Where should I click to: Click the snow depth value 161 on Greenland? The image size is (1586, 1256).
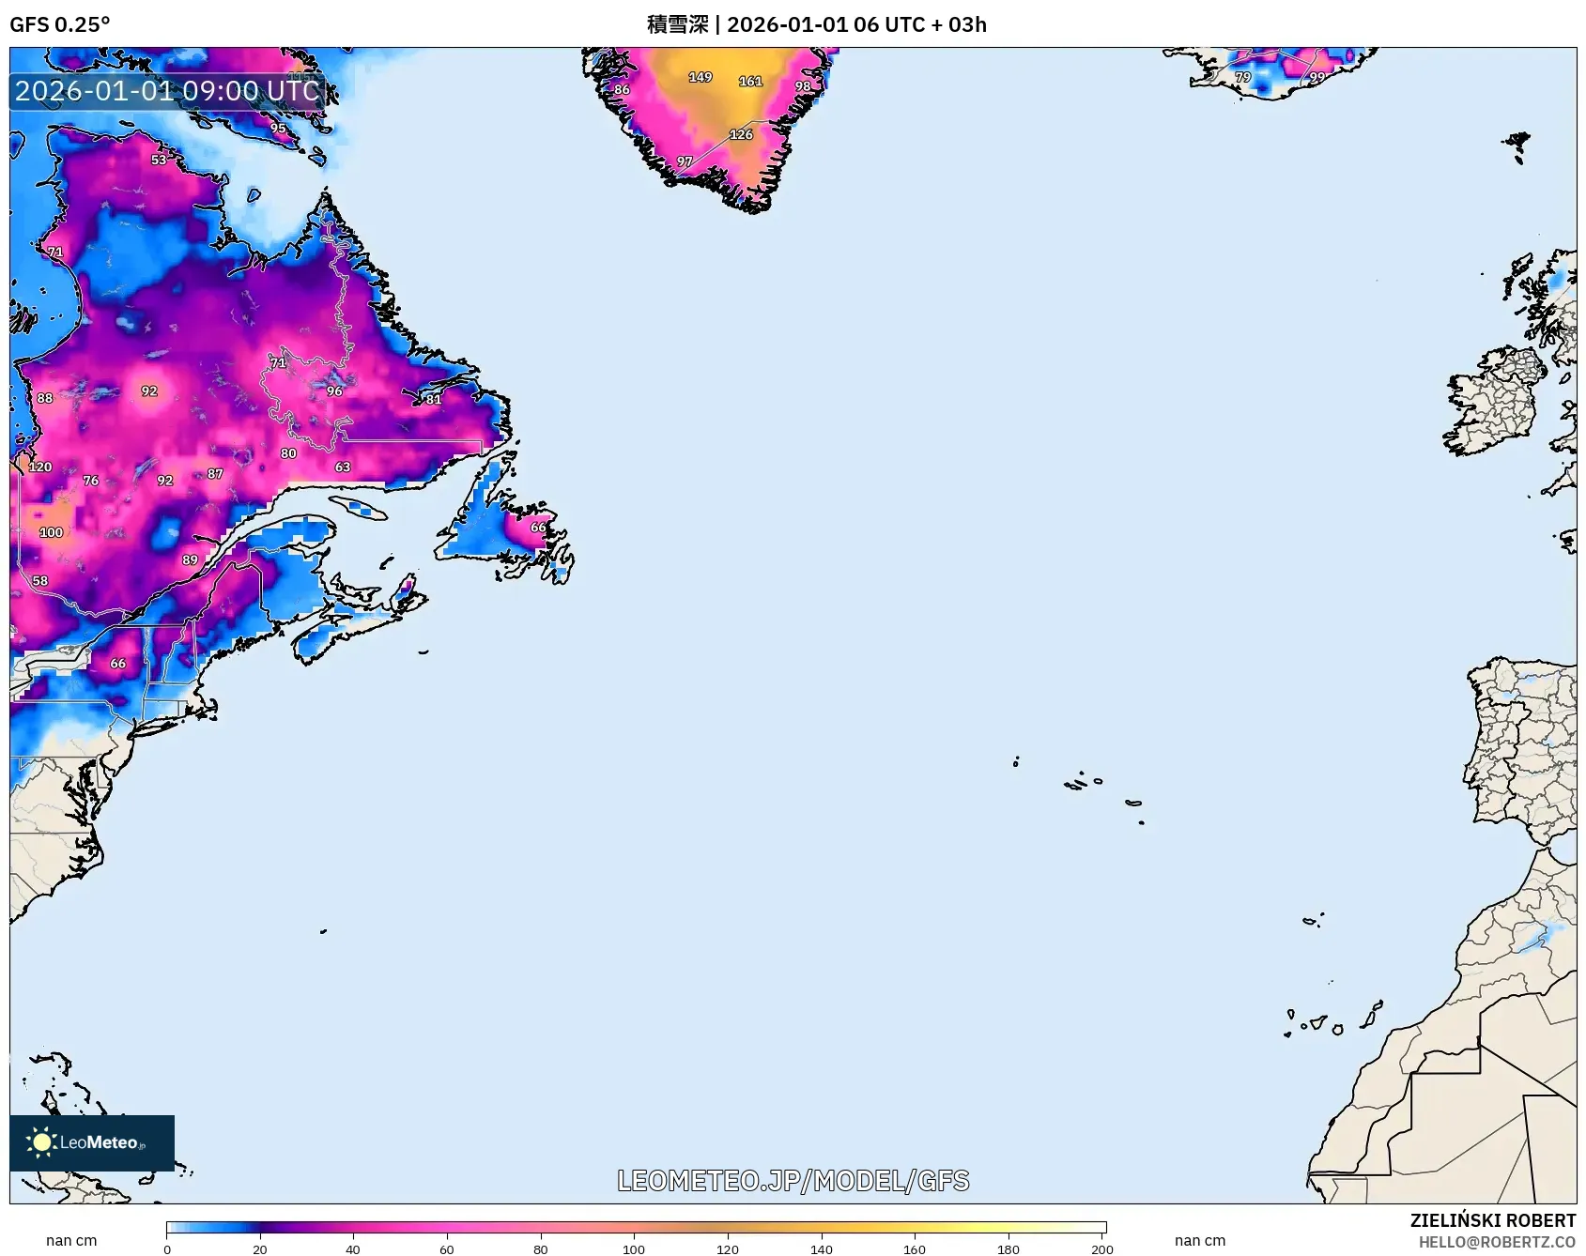tap(750, 82)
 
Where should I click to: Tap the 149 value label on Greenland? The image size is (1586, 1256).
tap(701, 77)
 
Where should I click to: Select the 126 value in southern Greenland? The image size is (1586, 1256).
tap(741, 134)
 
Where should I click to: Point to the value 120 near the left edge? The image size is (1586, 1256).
tap(40, 467)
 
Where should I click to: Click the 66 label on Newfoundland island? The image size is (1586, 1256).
tap(538, 528)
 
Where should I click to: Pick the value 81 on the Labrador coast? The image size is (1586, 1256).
tap(433, 399)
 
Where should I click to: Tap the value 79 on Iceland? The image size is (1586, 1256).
tap(1242, 77)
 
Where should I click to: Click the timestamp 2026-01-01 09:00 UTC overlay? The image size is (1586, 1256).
tap(167, 91)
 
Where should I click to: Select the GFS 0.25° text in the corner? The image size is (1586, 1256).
tap(59, 24)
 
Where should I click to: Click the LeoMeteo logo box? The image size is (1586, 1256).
tap(92, 1142)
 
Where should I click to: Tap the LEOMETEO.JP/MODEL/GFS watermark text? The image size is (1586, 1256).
tap(793, 1181)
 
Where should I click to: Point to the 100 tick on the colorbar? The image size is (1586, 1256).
tap(634, 1248)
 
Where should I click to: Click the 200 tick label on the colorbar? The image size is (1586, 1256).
tap(1101, 1248)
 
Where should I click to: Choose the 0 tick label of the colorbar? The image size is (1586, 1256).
tap(167, 1248)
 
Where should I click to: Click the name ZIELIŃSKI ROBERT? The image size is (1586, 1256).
tap(1492, 1220)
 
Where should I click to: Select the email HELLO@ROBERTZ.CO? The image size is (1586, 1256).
tap(1496, 1242)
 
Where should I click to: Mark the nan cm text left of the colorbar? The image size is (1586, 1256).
tap(71, 1240)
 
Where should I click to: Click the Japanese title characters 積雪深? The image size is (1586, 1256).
tap(677, 24)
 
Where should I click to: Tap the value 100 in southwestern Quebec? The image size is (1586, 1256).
tap(51, 532)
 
